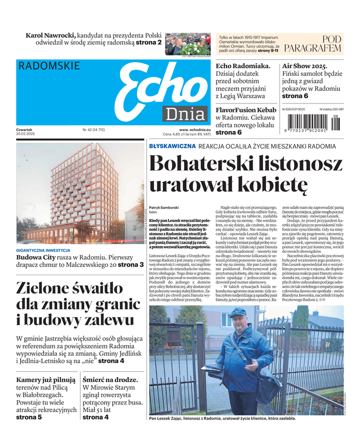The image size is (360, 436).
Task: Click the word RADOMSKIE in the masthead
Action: pyautogui.click(x=49, y=66)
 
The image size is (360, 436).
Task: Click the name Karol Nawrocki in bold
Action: pyautogui.click(x=51, y=35)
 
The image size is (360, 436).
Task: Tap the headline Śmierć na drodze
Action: pyautogui.click(x=110, y=380)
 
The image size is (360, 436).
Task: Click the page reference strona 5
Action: pyautogui.click(x=29, y=417)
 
